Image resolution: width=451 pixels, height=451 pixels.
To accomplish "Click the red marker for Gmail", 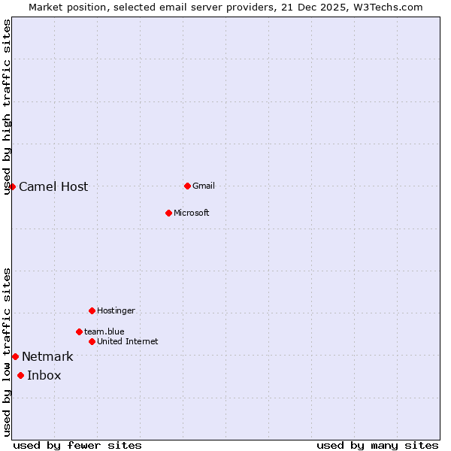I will click(x=187, y=186).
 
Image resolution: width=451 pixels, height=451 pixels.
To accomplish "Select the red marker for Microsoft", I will click(x=168, y=213).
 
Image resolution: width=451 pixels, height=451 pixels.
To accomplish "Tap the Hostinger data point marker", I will click(x=92, y=310).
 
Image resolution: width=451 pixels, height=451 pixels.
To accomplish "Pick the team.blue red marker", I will click(x=79, y=331).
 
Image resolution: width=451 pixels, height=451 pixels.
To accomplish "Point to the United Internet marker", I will click(x=92, y=341).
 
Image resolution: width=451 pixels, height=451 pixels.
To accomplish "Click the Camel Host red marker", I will click(x=13, y=186).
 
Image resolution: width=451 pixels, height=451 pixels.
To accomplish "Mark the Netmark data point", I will click(x=15, y=356).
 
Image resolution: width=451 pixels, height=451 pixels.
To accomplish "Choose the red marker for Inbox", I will click(x=20, y=375).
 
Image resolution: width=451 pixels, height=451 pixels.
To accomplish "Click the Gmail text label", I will click(x=204, y=186).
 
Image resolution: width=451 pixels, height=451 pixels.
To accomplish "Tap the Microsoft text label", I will click(x=192, y=213).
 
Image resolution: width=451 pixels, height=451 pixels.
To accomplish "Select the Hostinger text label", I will click(x=116, y=310).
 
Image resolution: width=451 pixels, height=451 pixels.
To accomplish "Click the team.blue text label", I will click(x=104, y=331).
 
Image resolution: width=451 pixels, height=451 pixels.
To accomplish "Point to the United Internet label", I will click(x=127, y=341).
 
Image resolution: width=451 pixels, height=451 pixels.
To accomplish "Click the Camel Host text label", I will click(x=53, y=187).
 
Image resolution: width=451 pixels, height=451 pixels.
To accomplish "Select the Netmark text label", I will click(x=47, y=357).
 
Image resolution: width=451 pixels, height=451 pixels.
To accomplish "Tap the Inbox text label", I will click(x=44, y=376).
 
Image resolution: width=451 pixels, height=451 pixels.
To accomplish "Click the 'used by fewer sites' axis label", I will click(x=77, y=445).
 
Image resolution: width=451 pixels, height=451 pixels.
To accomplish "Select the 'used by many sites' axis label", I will click(x=377, y=445).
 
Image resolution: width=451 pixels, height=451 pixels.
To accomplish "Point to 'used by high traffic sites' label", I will click(x=7, y=107).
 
